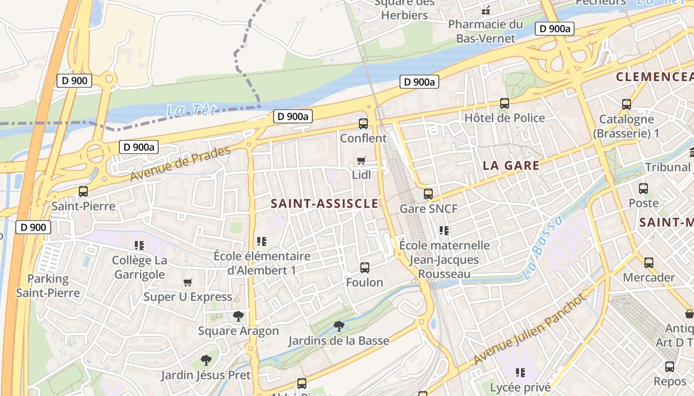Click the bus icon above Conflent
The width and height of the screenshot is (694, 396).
(x=363, y=124)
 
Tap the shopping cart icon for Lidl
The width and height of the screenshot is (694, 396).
(x=361, y=160)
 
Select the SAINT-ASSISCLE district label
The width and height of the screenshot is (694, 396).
(x=325, y=203)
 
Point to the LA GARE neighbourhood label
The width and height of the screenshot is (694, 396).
(x=511, y=165)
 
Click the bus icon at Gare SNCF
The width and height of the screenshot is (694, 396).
(x=428, y=194)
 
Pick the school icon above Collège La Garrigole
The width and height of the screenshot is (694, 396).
(x=139, y=245)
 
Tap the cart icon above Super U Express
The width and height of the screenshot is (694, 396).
(x=188, y=282)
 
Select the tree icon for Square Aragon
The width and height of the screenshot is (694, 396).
(x=238, y=316)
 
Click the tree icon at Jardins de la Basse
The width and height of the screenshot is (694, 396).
(x=339, y=326)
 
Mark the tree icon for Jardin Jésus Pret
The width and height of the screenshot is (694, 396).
(x=206, y=360)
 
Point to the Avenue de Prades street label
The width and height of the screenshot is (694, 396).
(x=180, y=164)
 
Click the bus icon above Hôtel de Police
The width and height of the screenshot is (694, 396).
(x=505, y=103)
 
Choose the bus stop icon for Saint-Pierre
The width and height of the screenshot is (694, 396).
(x=83, y=192)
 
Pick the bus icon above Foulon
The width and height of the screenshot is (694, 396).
(x=365, y=268)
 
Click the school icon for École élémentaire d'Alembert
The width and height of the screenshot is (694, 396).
(x=262, y=242)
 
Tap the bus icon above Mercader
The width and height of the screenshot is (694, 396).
(x=648, y=263)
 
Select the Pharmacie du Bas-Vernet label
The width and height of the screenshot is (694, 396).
(x=485, y=31)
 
